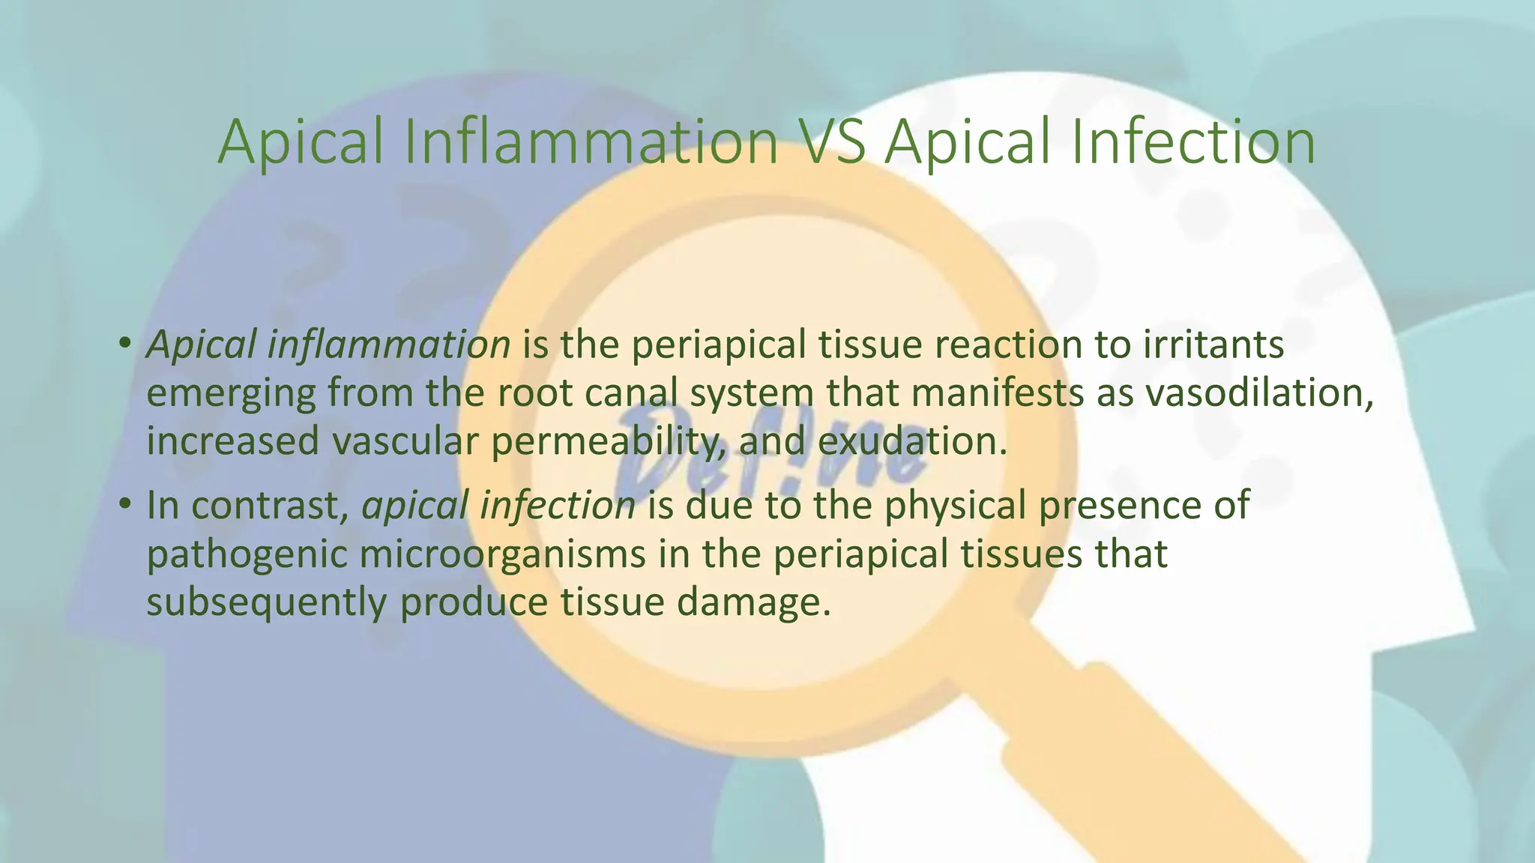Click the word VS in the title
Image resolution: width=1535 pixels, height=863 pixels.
(x=830, y=142)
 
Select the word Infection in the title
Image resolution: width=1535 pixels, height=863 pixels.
(x=1192, y=142)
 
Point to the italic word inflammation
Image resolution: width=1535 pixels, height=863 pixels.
(x=389, y=345)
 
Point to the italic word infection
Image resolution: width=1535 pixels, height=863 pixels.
(x=558, y=505)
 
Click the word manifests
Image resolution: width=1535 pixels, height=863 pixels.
(x=997, y=393)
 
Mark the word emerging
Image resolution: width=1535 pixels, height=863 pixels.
(x=231, y=394)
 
